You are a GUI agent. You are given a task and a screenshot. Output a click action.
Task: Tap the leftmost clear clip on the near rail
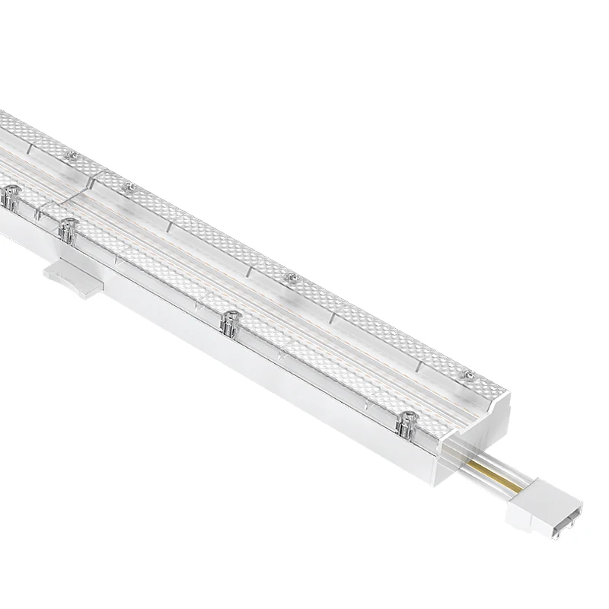tap(11, 197)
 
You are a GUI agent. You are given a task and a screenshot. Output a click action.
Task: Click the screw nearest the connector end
tap(470, 375)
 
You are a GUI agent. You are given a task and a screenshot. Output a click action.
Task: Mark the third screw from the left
tap(290, 277)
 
